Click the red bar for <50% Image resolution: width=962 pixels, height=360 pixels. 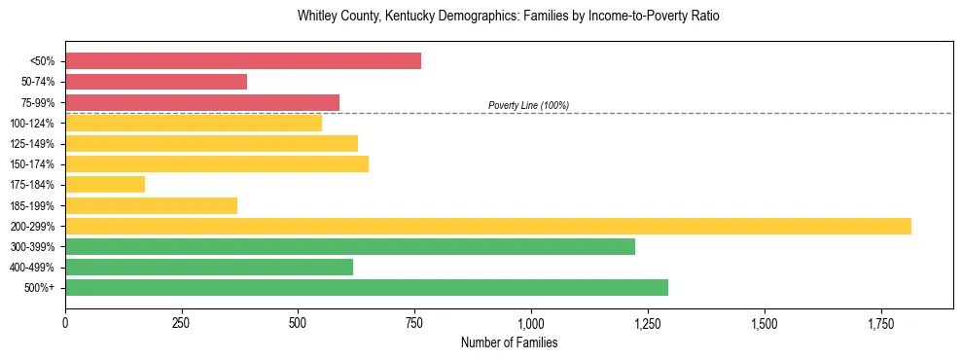pos(243,61)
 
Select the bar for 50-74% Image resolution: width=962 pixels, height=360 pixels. pos(156,82)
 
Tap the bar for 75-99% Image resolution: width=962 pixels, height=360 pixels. pos(202,102)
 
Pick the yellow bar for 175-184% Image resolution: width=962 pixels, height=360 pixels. pos(105,185)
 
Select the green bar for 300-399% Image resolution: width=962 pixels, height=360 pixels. pos(350,246)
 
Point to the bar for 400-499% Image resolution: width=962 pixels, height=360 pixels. pos(209,267)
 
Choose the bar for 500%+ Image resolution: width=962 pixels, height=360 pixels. pos(367,287)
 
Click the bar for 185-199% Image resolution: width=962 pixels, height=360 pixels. pos(151,205)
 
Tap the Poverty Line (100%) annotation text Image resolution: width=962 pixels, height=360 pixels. pos(528,105)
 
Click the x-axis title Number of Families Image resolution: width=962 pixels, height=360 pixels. pos(509,343)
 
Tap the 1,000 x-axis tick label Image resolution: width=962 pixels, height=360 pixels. pos(531,322)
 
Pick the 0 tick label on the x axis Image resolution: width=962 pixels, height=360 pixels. pos(65,322)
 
